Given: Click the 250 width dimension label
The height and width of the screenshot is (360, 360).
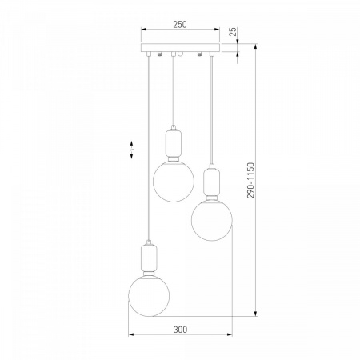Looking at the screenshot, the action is [x=180, y=25].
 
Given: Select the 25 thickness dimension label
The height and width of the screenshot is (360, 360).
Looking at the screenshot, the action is [x=233, y=31].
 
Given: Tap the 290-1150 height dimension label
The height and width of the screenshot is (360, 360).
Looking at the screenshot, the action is [x=250, y=180].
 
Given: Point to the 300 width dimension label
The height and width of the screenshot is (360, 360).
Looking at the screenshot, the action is [x=180, y=330].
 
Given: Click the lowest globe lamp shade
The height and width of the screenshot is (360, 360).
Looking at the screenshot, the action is [x=149, y=296].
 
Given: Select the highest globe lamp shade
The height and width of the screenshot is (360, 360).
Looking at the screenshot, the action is [x=174, y=182].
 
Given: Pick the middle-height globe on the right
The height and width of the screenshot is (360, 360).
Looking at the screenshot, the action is [x=212, y=220].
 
